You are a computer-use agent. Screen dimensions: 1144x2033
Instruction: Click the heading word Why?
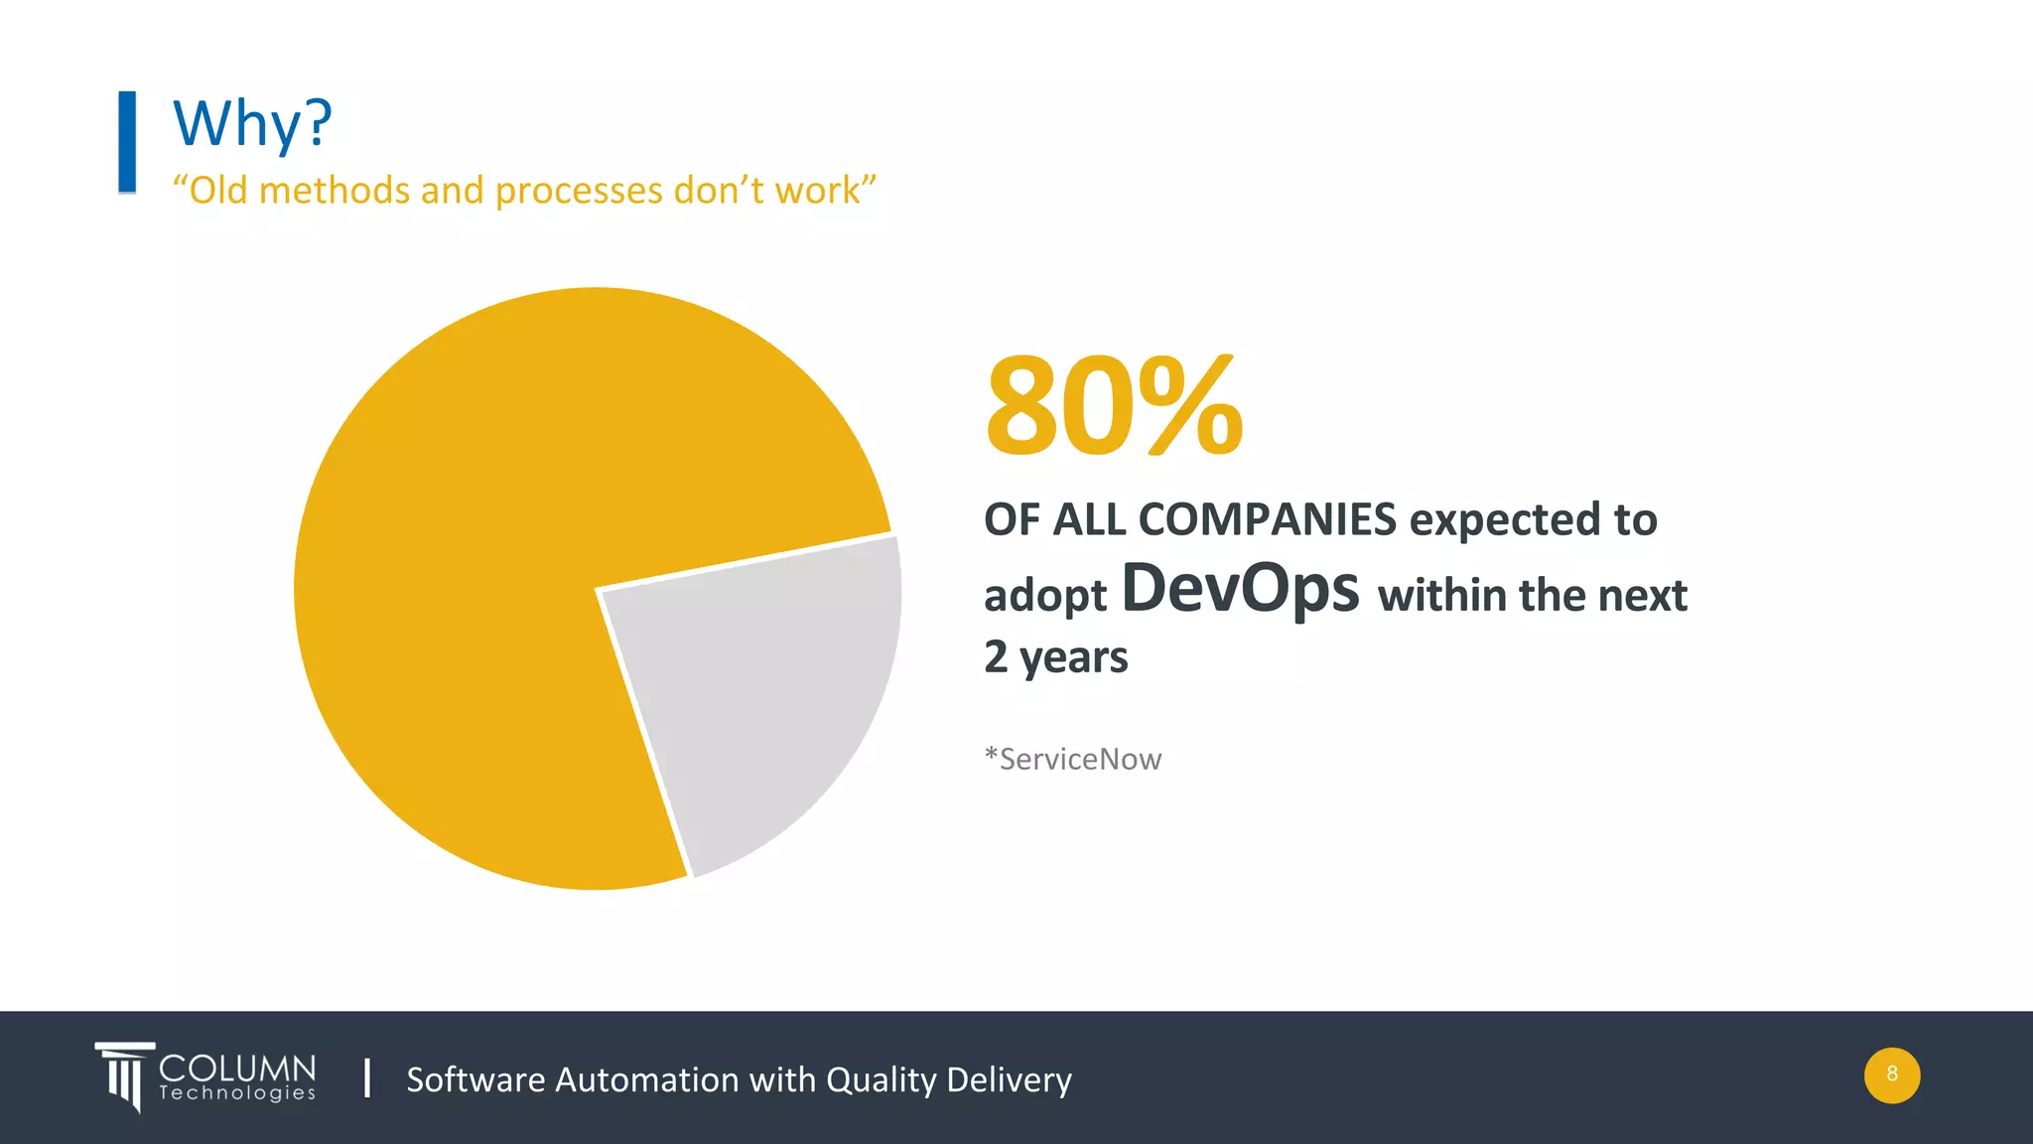252,124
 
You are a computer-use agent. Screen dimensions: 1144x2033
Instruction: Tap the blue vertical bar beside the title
127,141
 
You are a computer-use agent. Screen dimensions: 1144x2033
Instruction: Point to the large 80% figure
1114,407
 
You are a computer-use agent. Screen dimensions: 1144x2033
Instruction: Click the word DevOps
1240,588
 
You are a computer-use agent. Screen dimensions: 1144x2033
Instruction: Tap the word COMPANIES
1267,519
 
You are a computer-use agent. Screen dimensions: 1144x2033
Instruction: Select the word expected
1502,519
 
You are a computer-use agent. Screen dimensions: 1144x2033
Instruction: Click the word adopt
1044,596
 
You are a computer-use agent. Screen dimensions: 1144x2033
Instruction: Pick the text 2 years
1055,656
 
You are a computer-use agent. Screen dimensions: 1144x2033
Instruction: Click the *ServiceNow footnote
1072,759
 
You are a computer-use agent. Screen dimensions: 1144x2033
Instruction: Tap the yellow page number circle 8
1891,1074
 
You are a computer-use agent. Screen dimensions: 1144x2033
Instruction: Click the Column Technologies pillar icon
124,1075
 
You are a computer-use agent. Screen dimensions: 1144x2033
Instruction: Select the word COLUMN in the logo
237,1068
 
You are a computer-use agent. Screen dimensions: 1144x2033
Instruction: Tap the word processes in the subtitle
579,190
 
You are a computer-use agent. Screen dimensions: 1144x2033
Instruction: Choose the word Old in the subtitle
216,190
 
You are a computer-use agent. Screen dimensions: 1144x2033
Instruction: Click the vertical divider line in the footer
367,1077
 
